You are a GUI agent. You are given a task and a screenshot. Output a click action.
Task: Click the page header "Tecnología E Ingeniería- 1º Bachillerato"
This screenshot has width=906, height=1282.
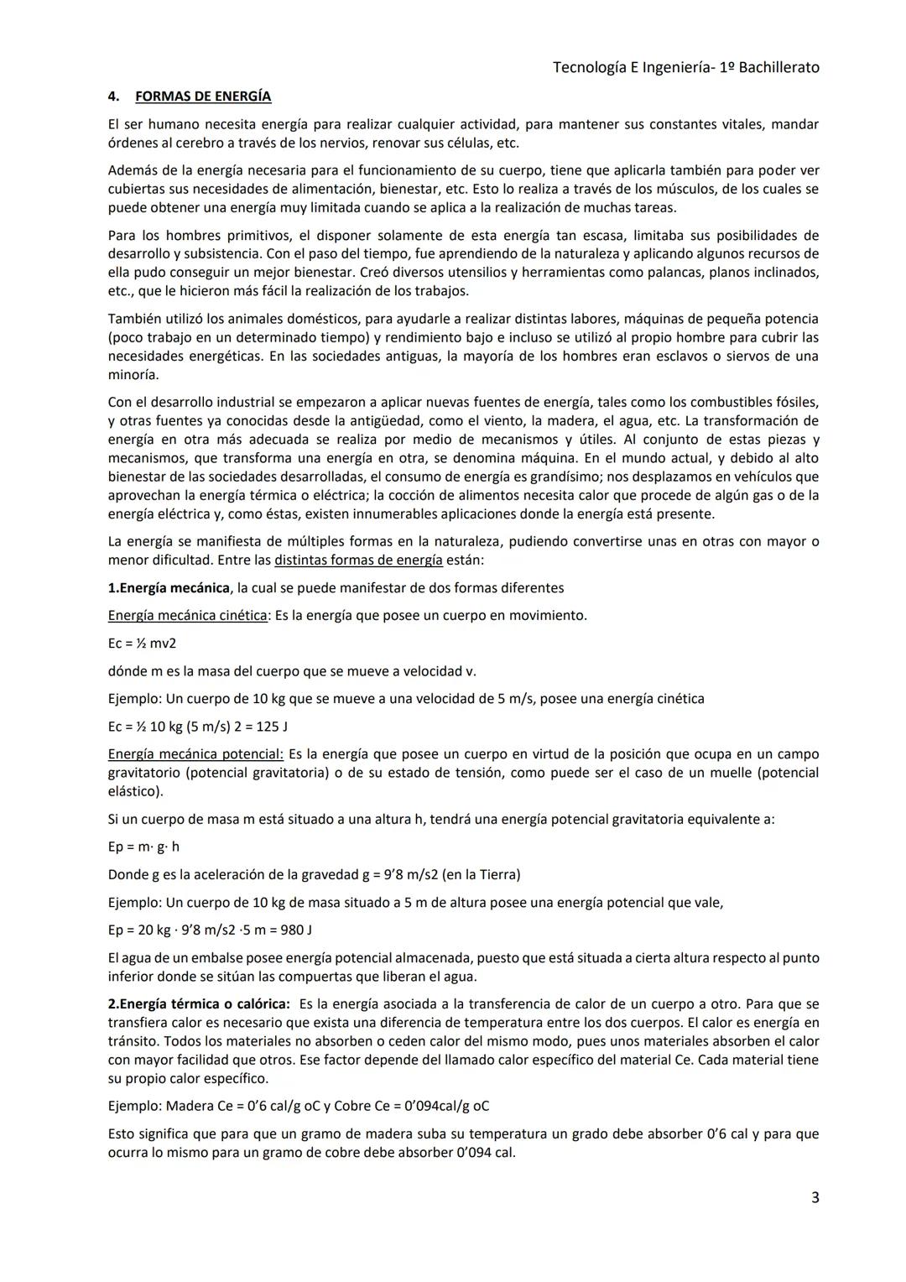[x=685, y=67]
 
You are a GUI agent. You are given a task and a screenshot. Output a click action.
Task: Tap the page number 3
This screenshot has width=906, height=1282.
[x=815, y=1197]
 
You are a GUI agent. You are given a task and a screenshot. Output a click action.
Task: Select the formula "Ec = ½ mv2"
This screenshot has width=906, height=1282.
[x=142, y=644]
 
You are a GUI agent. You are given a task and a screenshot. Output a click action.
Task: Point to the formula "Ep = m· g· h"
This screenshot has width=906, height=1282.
[x=143, y=847]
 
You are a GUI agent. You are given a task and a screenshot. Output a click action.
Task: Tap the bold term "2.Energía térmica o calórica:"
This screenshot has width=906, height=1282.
[x=199, y=1004]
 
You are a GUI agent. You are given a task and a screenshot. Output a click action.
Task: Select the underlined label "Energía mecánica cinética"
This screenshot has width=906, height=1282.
[x=187, y=615]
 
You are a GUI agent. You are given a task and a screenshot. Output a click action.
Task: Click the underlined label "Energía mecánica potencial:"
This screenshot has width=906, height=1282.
[x=195, y=754]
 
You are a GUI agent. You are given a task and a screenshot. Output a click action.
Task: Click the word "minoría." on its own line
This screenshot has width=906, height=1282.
[x=133, y=375]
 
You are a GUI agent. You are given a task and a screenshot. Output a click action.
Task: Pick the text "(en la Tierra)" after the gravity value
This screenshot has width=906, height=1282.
[x=478, y=874]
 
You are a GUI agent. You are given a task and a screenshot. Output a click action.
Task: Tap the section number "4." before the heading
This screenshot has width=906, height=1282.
[x=114, y=96]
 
